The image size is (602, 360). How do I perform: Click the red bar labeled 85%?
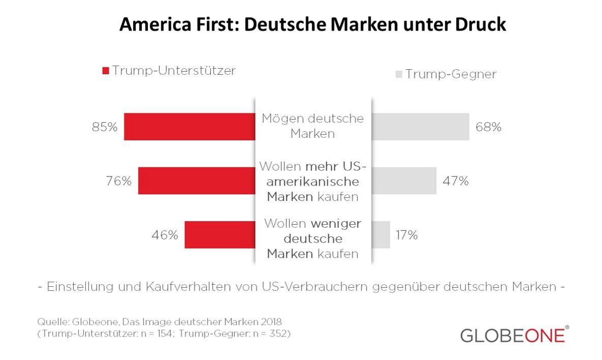189,127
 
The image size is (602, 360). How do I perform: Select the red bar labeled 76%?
196,181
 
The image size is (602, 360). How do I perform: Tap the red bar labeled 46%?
219,234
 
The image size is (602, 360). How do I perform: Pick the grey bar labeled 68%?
420,127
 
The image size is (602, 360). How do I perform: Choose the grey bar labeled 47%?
404,181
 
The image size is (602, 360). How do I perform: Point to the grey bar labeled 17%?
381,234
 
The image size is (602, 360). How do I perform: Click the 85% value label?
105,127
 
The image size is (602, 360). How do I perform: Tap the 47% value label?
456,181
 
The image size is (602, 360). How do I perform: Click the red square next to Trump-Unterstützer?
106,71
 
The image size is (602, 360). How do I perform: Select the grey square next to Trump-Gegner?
399,75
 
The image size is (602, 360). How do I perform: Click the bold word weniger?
336,224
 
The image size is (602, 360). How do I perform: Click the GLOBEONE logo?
514,336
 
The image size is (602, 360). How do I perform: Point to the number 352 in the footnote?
277,334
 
